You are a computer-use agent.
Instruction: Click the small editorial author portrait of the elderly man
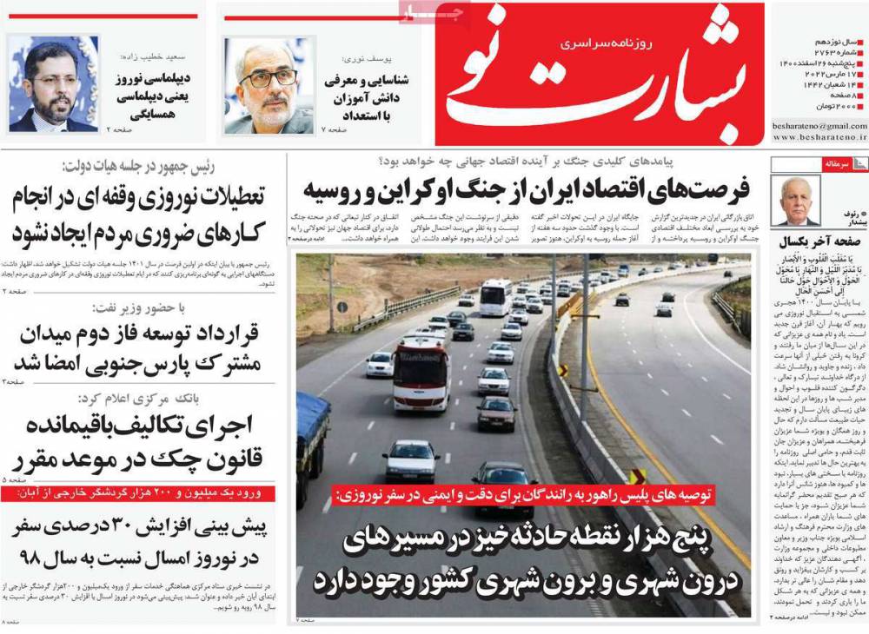pos(798,201)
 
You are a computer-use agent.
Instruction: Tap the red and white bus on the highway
pos(421,373)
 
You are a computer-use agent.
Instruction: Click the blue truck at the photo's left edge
pos(313,443)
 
